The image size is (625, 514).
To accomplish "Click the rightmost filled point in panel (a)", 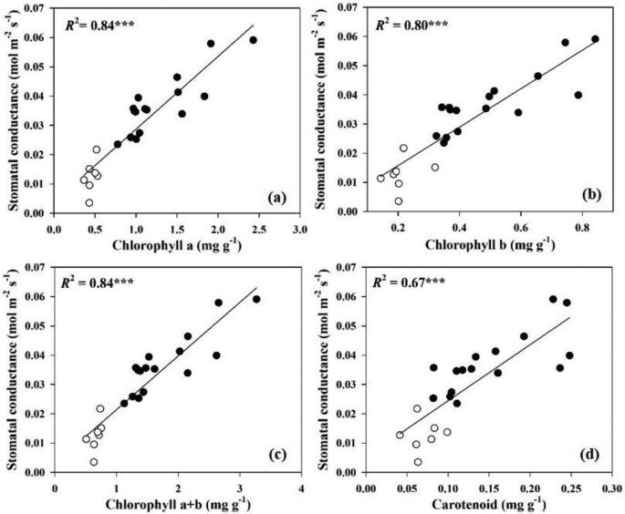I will [x=253, y=40].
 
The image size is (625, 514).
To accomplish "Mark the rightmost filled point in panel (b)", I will [x=595, y=39].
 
